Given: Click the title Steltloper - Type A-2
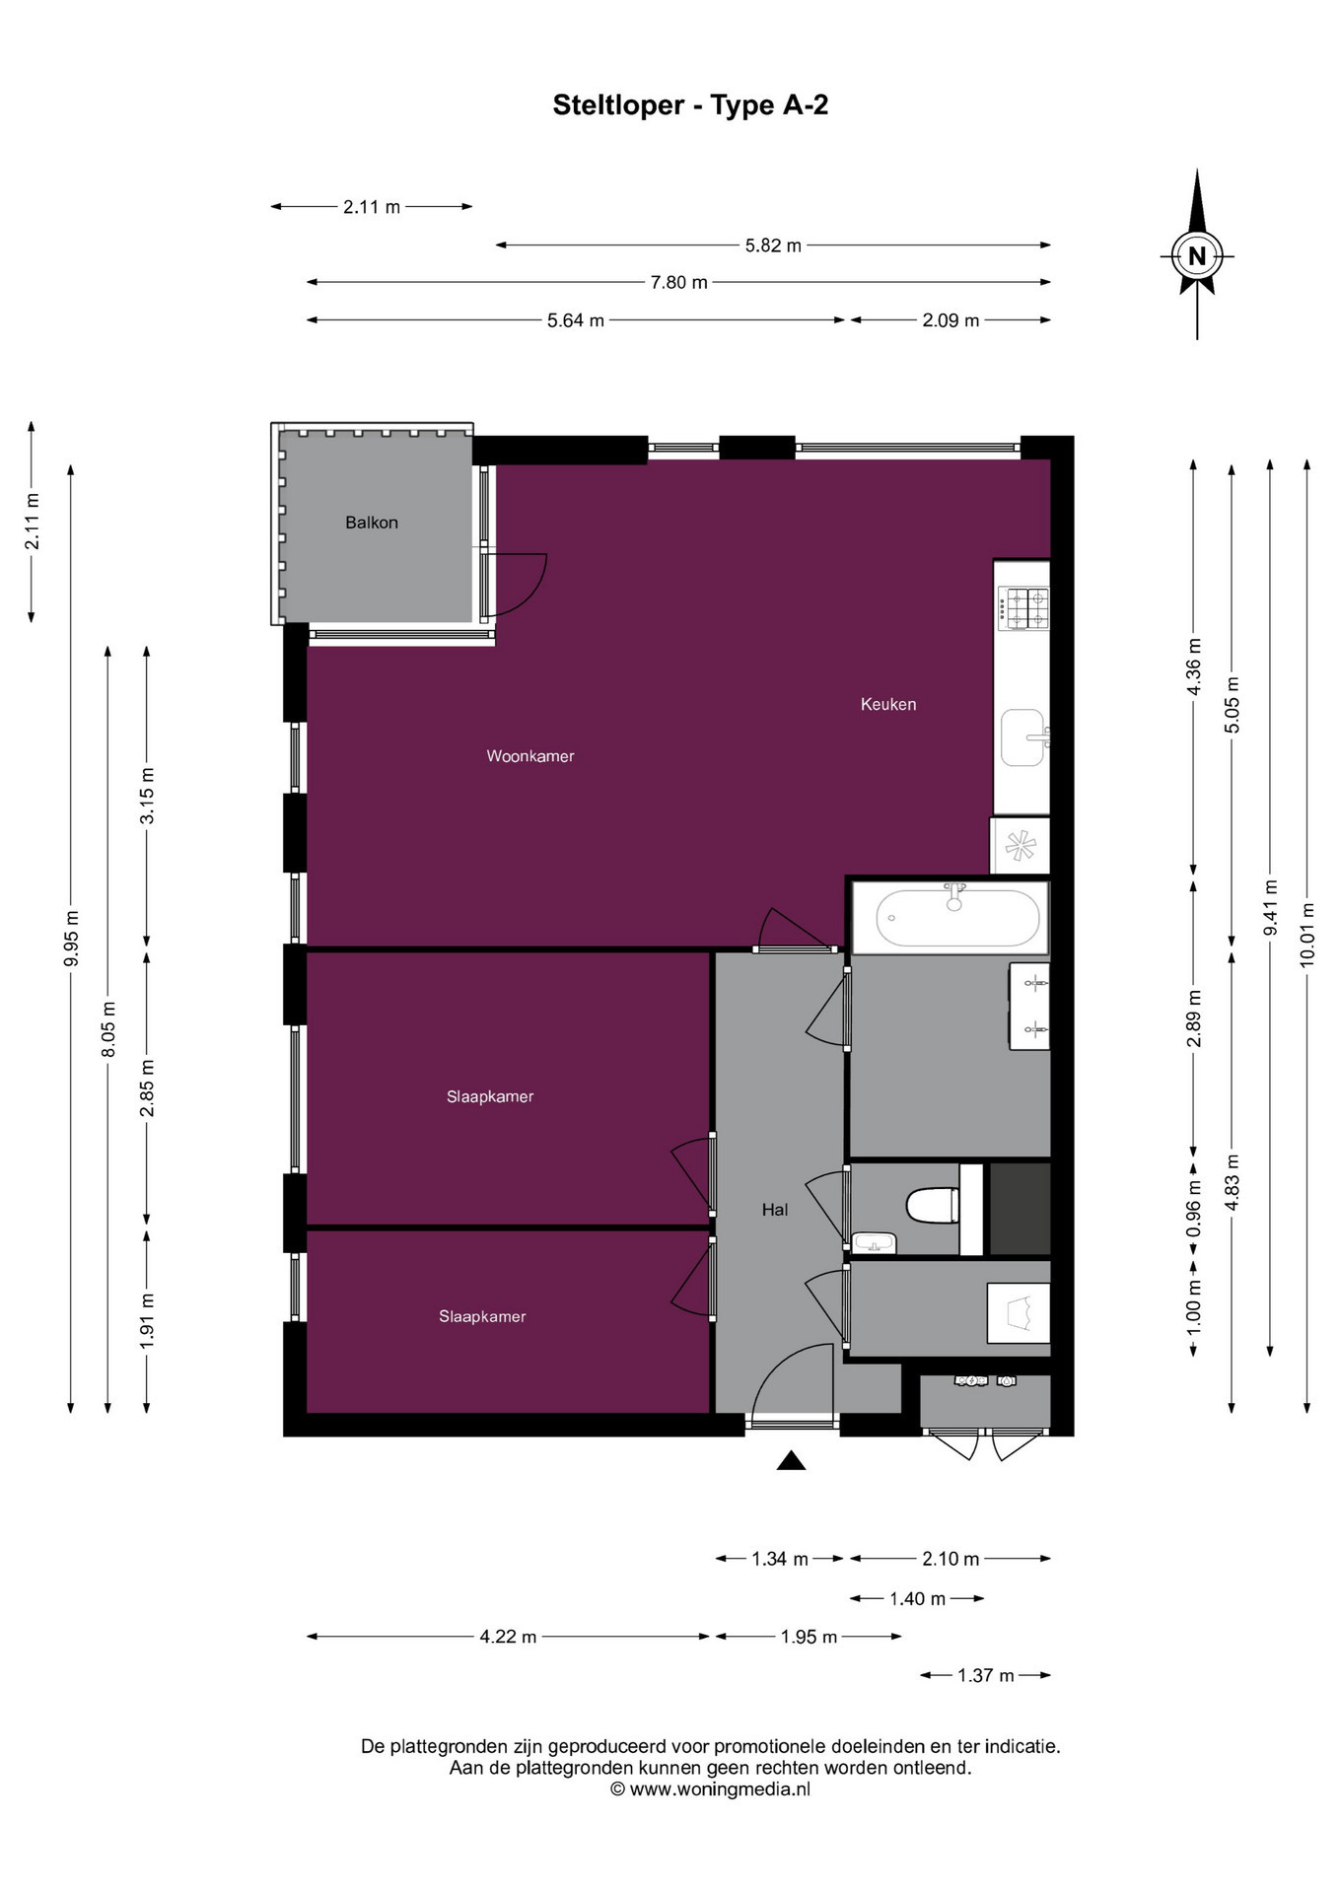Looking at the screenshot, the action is [x=690, y=105].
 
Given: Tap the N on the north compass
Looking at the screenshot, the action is [x=1197, y=256].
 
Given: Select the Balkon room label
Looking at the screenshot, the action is [x=372, y=523].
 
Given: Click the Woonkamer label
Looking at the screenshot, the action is [x=530, y=756].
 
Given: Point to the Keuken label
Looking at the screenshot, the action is [x=888, y=704].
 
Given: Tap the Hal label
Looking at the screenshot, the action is [x=775, y=1210].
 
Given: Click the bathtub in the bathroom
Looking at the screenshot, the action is [x=957, y=917].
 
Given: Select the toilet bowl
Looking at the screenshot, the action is [x=932, y=1205].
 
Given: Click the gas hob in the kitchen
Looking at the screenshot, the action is [x=1023, y=608].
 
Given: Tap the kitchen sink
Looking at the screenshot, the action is [x=1023, y=737].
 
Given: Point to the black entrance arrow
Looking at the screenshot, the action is [x=791, y=1460].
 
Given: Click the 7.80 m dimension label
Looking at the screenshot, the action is [x=678, y=283].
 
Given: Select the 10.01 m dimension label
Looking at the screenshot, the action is [x=1307, y=934].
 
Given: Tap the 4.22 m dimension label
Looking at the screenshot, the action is [x=508, y=1637].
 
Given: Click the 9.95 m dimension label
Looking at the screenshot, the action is [x=71, y=939].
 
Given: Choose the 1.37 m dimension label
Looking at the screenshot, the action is [x=986, y=1675].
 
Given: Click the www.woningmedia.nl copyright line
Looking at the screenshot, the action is [x=710, y=1789].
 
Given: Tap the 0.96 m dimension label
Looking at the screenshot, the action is [x=1194, y=1209].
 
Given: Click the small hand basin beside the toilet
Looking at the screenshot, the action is [x=874, y=1242].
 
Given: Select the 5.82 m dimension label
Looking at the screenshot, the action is [x=773, y=245].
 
